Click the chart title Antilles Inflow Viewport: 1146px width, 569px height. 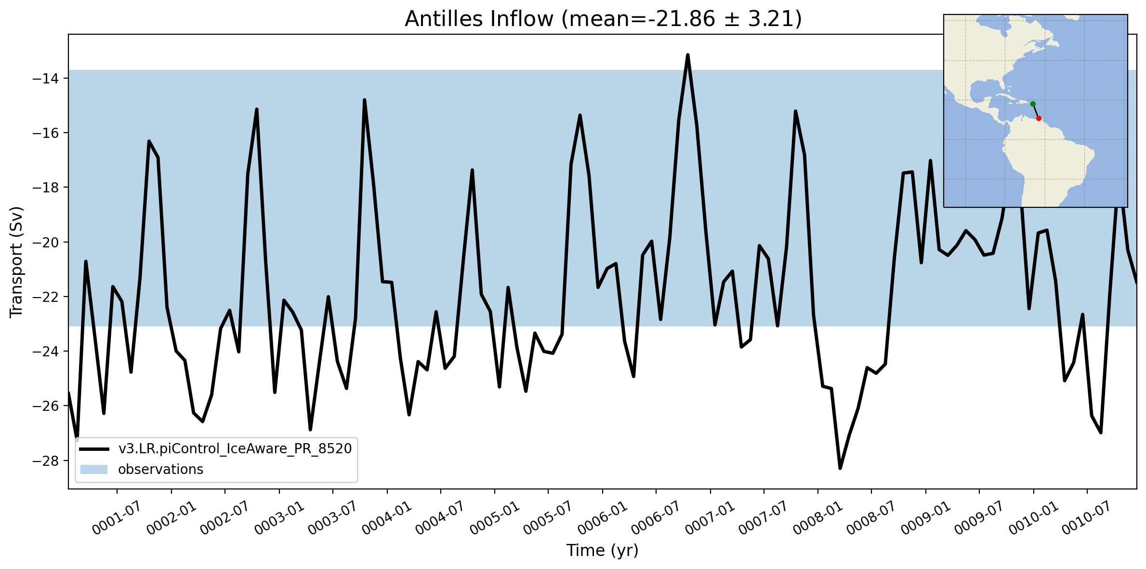coord(479,19)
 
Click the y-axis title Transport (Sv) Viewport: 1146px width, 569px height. coord(16,262)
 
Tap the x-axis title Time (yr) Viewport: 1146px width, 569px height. coord(602,550)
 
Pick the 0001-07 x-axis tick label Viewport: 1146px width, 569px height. coord(117,518)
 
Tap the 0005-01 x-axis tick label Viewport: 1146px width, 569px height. coord(495,518)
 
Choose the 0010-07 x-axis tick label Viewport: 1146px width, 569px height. coord(1087,518)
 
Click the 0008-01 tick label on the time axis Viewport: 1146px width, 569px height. coord(818,518)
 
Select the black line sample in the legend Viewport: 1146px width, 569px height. coord(94,449)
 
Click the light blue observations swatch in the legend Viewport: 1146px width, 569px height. coord(94,469)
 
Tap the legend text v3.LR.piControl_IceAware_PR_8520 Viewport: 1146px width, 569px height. coord(235,449)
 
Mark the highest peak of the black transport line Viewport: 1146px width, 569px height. coord(688,55)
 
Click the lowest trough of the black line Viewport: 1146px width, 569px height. coord(840,468)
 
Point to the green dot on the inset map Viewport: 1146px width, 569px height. coord(1033,104)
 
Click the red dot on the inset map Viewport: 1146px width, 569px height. coord(1039,118)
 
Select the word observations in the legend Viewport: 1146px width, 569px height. coord(161,469)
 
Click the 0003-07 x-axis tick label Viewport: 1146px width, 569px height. coord(333,518)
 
